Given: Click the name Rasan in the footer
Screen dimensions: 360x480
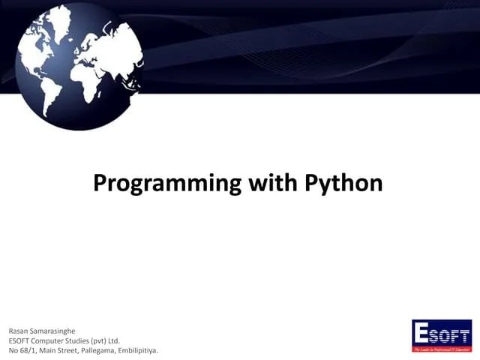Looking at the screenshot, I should pos(19,331).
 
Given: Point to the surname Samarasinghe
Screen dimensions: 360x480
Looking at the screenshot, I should pos(60,331).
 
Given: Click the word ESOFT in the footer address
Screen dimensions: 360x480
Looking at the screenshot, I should pos(20,340).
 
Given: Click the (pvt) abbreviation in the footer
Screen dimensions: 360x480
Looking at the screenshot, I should pos(112,340).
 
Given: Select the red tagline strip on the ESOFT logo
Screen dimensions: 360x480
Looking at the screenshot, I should pos(442,349).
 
